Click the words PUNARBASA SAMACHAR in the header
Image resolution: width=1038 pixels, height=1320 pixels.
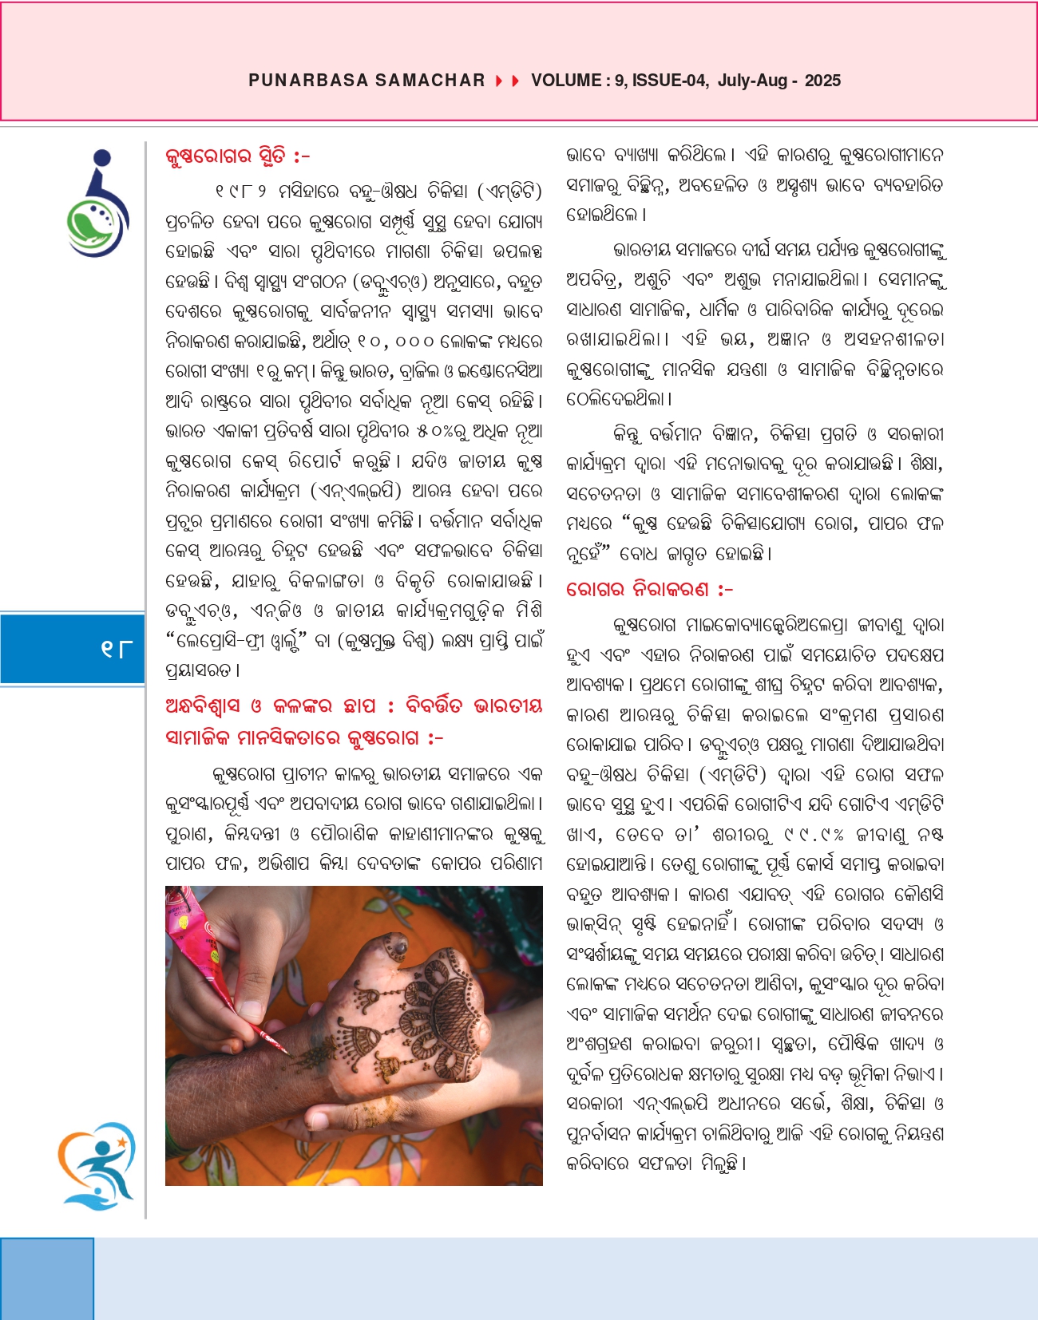(366, 81)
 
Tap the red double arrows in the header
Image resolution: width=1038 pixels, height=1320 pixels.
(508, 81)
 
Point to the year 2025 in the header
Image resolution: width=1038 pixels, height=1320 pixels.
(822, 81)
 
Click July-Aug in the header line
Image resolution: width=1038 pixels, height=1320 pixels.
(752, 81)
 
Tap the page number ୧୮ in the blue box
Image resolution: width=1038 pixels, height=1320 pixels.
(117, 649)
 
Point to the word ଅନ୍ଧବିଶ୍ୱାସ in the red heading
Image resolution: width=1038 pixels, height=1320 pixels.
(202, 706)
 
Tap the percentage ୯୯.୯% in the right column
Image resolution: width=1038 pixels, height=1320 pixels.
(813, 835)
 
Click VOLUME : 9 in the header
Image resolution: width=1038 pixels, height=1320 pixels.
(578, 81)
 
